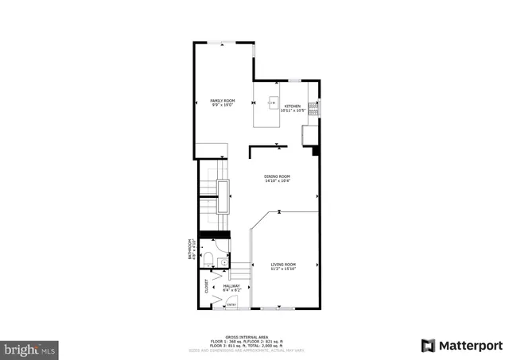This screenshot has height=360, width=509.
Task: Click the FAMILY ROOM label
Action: [x=222, y=100]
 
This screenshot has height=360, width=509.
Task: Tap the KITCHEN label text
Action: [x=292, y=106]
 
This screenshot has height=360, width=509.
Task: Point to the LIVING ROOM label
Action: [x=283, y=264]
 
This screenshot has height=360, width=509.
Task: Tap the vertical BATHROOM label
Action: [x=190, y=250]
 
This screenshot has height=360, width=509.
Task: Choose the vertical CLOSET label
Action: [x=207, y=286]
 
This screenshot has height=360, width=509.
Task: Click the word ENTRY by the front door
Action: [x=231, y=304]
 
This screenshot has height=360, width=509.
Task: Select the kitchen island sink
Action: [x=271, y=102]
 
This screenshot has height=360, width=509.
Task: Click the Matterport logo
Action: [x=462, y=346]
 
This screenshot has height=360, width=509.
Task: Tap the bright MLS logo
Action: [x=30, y=348]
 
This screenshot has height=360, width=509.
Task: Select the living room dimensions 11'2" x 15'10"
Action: [x=283, y=269]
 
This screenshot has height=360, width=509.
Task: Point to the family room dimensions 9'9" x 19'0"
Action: [x=222, y=104]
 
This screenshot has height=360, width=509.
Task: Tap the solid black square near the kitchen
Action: [x=316, y=149]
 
